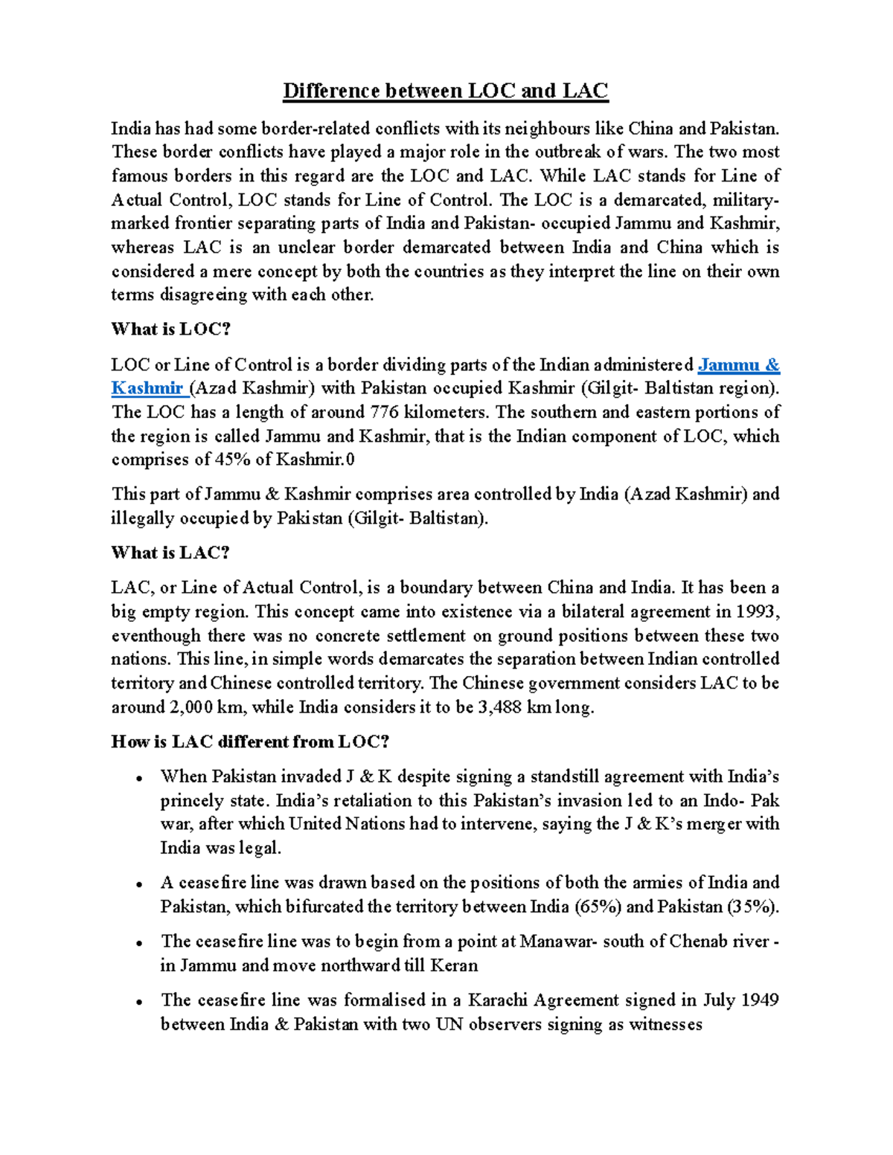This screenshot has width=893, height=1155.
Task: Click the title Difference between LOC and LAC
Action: pos(445,91)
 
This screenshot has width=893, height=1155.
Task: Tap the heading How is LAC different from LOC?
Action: pos(250,741)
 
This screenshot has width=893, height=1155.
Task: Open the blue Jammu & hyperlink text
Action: pos(738,364)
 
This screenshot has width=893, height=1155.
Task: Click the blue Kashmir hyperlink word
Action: pos(147,388)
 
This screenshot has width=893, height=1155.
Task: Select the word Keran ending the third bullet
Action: pos(455,965)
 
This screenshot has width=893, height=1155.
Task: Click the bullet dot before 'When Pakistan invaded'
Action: pos(139,779)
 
